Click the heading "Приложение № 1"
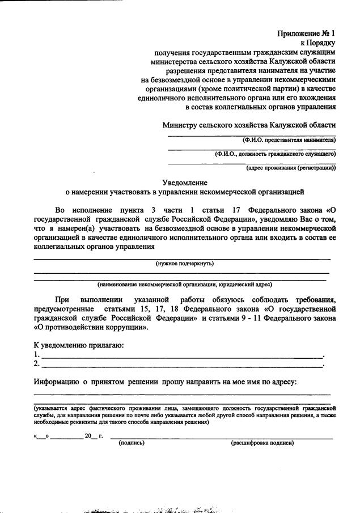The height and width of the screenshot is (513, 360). click(306, 33)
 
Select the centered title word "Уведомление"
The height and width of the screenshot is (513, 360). click(184, 183)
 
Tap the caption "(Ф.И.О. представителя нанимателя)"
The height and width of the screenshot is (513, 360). click(289, 139)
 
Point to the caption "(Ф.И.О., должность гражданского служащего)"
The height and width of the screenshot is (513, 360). click(276, 154)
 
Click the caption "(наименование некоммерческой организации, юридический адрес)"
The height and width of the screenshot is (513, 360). click(184, 284)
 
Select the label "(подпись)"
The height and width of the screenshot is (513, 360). click(132, 443)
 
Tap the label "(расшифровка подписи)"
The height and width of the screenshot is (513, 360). click(262, 443)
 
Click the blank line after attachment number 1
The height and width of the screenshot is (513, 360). click(181, 355)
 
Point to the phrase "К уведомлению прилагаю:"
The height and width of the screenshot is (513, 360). click(78, 345)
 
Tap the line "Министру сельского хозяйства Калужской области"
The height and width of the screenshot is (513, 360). click(249, 125)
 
